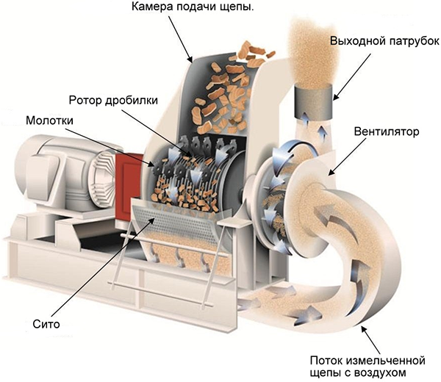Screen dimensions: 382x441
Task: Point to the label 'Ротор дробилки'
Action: [x=123, y=100]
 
